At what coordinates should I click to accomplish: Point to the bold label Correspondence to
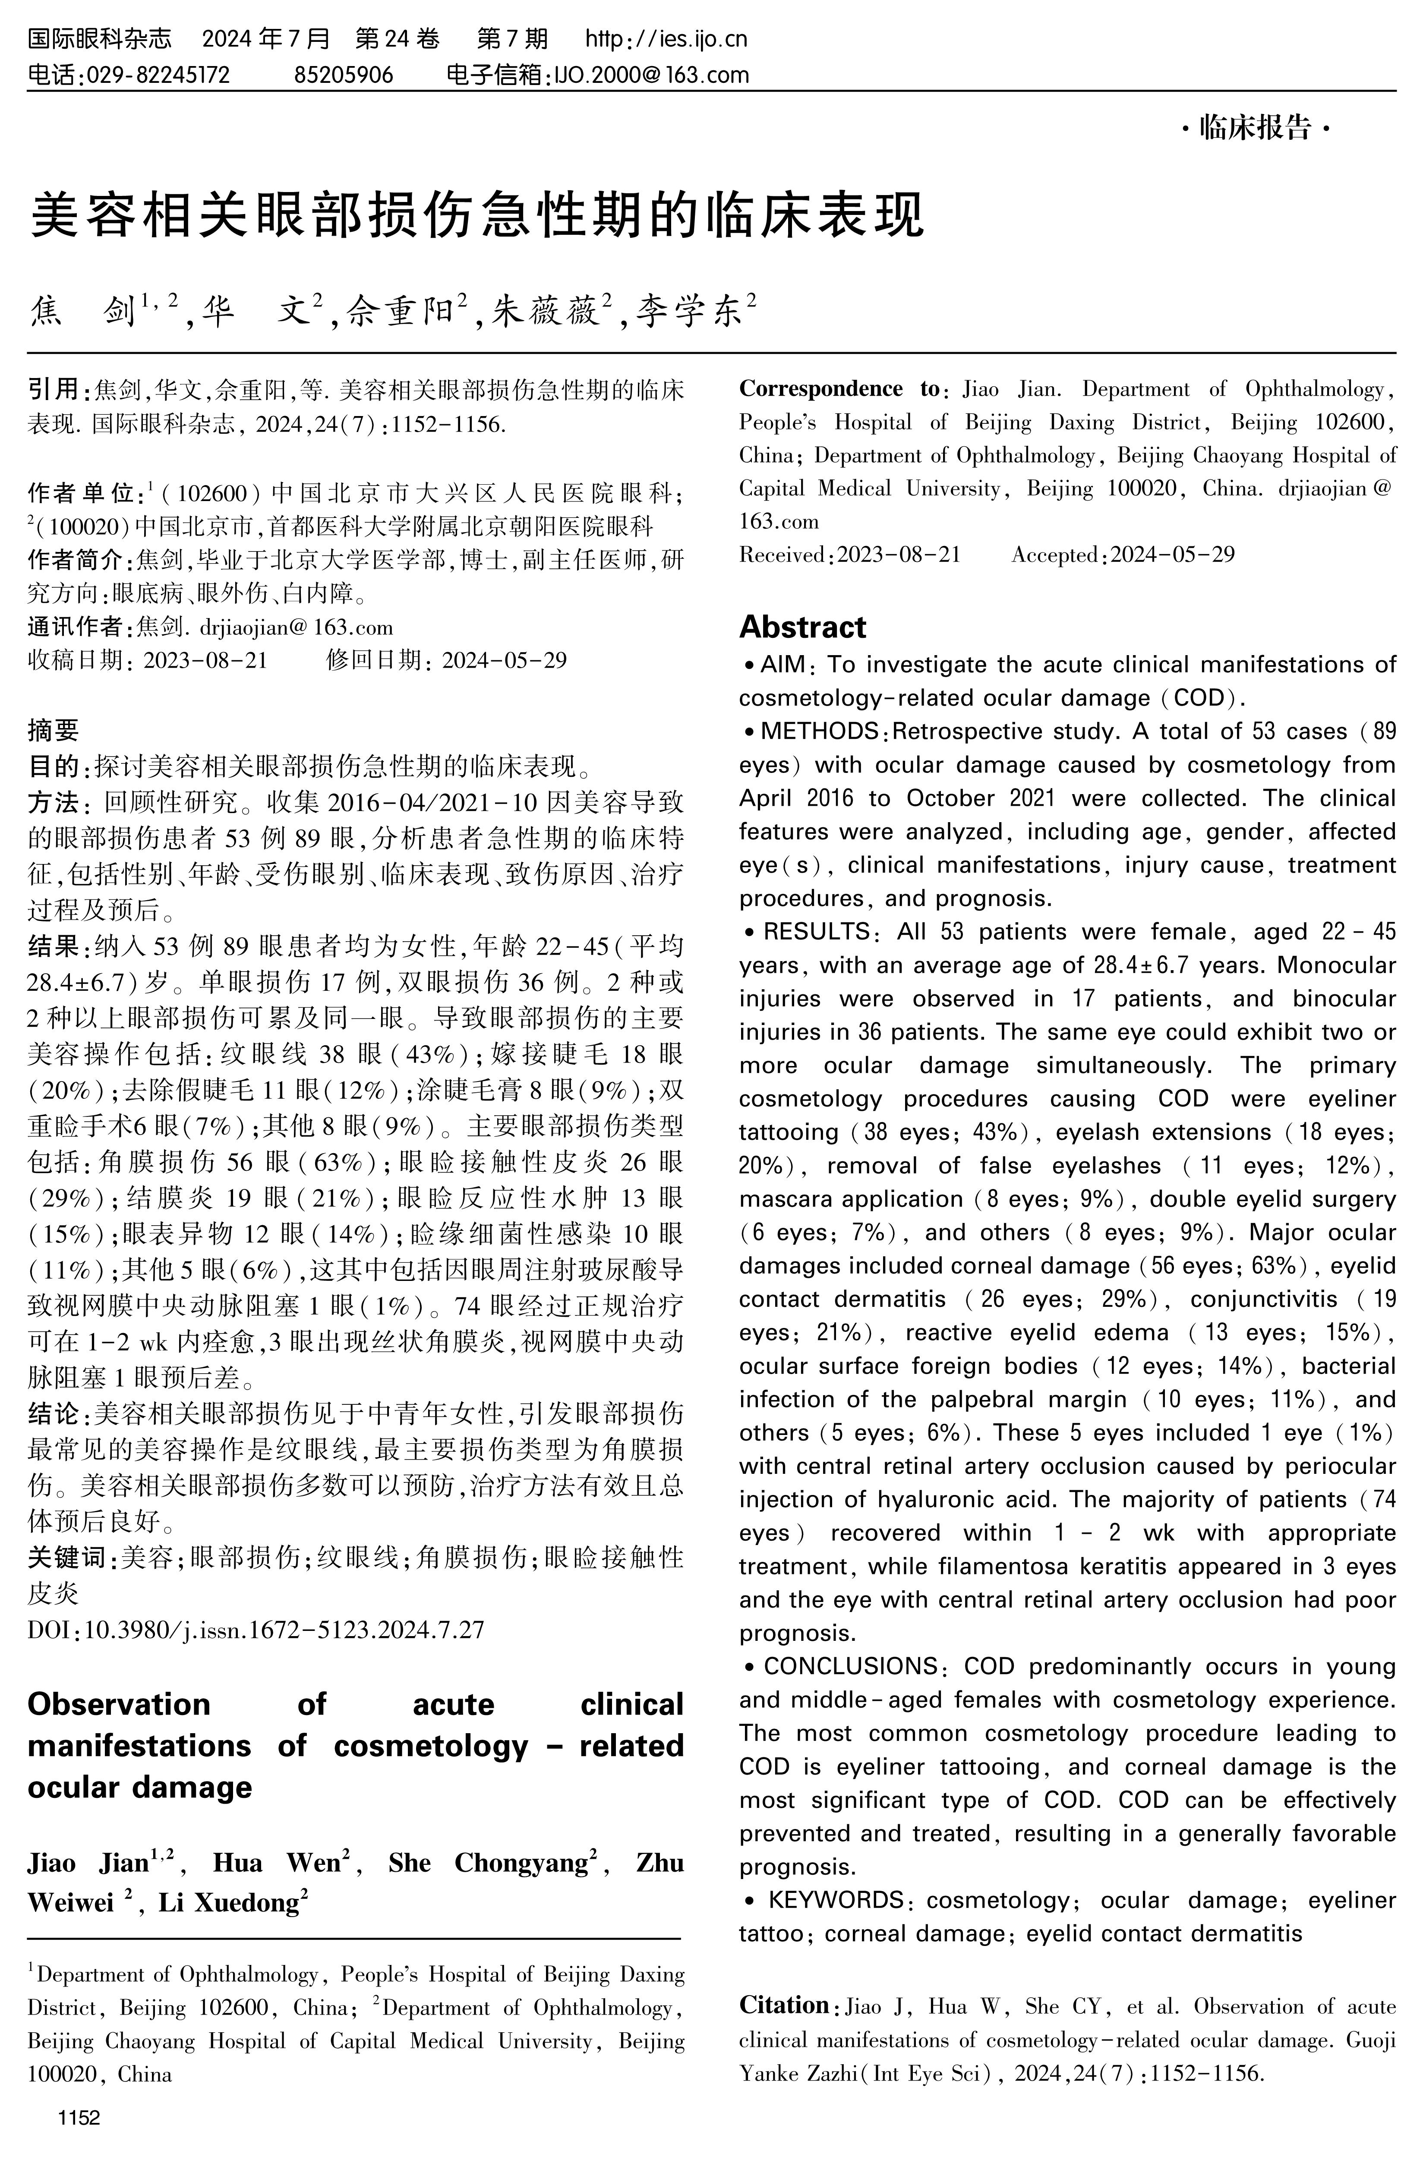pyautogui.click(x=839, y=389)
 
